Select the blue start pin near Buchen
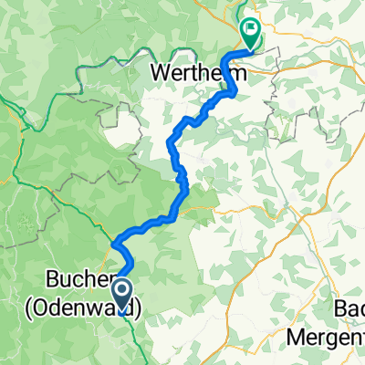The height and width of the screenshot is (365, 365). click(x=121, y=292)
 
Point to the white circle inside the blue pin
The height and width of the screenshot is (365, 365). click(x=121, y=289)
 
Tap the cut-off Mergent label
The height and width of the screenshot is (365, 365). click(x=326, y=333)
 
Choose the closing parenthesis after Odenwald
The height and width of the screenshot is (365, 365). click(x=139, y=308)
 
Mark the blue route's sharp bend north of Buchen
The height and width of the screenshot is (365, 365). click(x=115, y=245)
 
